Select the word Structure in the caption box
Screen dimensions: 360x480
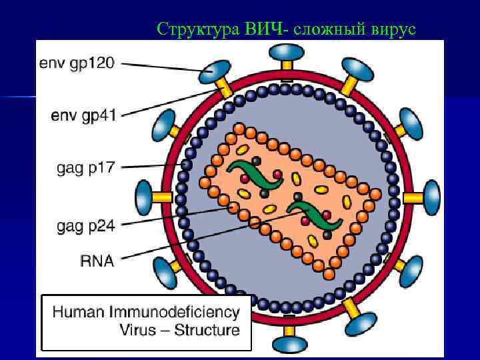coord(207,330)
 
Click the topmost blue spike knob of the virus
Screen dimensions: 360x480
coord(287,52)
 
